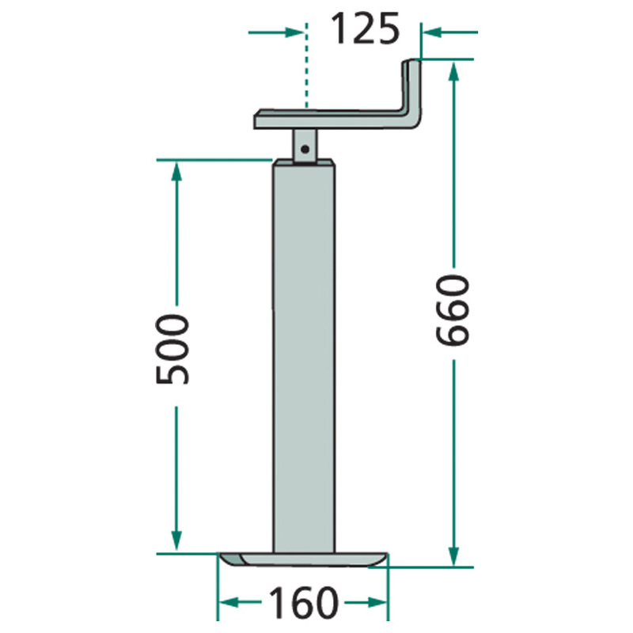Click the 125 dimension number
(365, 28)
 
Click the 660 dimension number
(453, 310)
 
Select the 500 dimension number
(172, 349)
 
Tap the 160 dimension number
(304, 603)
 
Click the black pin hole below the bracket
(305, 150)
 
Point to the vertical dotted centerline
(306, 66)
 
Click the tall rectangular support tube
(304, 356)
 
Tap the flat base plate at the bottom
(303, 559)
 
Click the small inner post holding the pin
(305, 146)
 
